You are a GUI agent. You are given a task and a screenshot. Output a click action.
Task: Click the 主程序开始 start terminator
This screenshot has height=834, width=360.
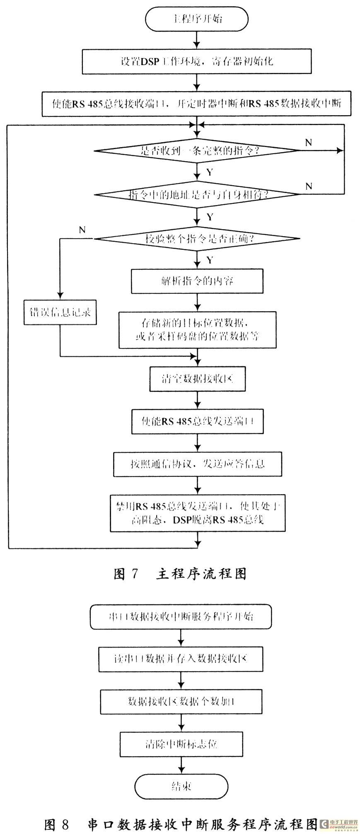click(x=196, y=19)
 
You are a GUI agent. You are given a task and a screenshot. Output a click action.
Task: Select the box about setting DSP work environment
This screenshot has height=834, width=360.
click(x=196, y=62)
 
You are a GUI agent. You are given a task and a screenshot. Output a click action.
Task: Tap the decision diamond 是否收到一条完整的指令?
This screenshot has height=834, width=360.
click(x=197, y=150)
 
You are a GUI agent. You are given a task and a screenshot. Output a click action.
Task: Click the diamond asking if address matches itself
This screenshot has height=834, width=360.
click(x=197, y=194)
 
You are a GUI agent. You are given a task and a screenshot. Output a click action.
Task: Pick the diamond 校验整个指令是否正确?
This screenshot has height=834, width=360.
click(x=197, y=238)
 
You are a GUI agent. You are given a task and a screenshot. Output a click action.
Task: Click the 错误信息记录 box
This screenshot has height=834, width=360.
click(x=60, y=312)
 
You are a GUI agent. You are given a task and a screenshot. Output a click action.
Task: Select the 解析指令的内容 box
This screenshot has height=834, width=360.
click(x=197, y=281)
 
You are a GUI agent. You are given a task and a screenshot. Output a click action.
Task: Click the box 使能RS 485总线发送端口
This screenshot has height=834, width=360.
click(x=197, y=421)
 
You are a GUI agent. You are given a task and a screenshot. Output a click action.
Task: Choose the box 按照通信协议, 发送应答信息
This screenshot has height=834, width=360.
click(x=197, y=464)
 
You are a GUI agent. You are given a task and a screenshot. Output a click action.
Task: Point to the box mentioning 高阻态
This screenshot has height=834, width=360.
click(x=197, y=512)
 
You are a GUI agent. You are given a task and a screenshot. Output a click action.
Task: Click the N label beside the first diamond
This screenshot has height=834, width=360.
click(x=308, y=143)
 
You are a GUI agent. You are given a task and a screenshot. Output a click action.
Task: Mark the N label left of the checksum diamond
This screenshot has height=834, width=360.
click(x=82, y=230)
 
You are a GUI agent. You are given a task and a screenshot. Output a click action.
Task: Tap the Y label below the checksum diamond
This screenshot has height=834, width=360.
click(x=210, y=260)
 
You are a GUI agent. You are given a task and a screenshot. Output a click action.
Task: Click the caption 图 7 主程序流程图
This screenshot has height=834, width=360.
click(x=180, y=573)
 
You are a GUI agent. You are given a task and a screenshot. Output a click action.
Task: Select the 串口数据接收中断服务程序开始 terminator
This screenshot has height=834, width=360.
click(x=180, y=616)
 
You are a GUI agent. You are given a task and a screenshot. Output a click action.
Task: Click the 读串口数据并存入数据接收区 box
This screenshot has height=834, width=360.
click(x=180, y=659)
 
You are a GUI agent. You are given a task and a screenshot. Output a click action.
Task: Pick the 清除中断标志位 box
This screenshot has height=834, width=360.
click(x=180, y=744)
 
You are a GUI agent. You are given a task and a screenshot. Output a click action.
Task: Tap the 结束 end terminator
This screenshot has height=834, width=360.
click(x=181, y=786)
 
